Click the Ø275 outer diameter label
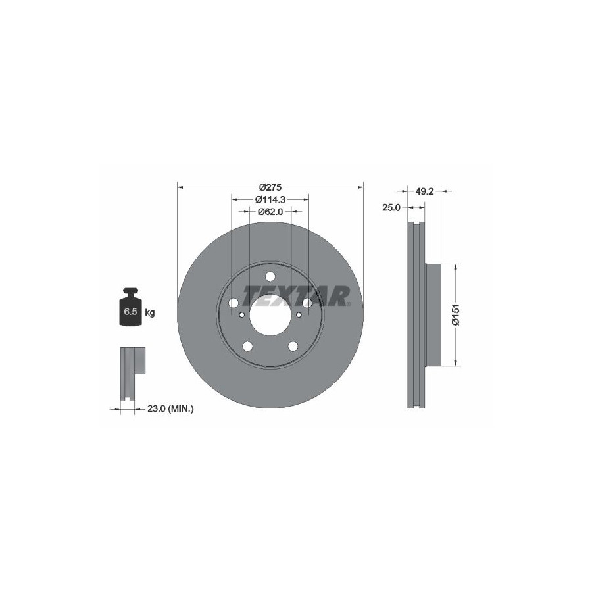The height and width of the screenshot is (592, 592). [270, 187]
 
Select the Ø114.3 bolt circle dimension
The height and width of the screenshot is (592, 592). [270, 199]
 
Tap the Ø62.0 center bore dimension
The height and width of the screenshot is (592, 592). [270, 212]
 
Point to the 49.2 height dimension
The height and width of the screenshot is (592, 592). [424, 191]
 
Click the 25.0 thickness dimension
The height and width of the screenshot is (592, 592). [391, 207]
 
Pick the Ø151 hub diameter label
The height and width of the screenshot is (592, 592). [456, 314]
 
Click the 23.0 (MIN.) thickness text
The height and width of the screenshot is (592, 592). [170, 408]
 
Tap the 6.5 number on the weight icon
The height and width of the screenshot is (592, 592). [130, 312]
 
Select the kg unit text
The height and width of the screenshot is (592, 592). [150, 312]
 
